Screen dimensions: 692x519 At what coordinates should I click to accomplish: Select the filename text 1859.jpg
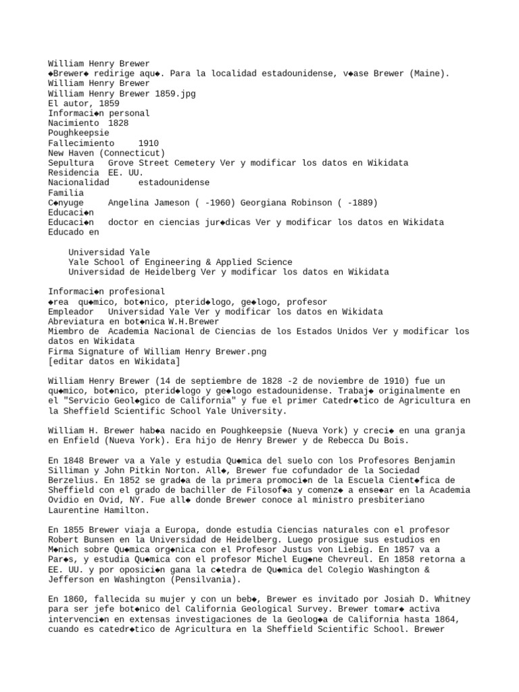(176, 94)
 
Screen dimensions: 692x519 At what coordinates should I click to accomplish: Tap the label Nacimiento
(73, 124)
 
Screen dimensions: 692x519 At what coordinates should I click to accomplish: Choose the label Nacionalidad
(78, 182)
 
